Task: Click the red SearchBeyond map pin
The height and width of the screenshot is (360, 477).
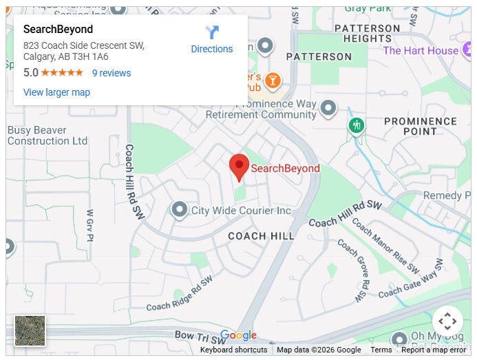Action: [239, 166]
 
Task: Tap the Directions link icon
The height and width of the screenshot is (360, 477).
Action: [212, 32]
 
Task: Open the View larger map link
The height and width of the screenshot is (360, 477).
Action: [56, 92]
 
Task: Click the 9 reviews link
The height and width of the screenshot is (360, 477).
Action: [112, 73]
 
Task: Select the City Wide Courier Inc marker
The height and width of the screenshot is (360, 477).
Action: [180, 209]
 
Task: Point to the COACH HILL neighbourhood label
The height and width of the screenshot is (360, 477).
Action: [261, 236]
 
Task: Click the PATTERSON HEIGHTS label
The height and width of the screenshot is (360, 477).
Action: [367, 34]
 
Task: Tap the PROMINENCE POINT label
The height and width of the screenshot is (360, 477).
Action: [420, 126]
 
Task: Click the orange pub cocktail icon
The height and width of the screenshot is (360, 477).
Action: [273, 81]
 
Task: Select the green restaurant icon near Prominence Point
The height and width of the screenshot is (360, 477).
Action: [356, 126]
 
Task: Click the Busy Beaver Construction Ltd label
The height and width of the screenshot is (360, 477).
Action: [47, 135]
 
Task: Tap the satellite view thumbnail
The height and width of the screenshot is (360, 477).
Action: [30, 330]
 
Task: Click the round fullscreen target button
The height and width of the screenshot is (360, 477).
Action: [447, 321]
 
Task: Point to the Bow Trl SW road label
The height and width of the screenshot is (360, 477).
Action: [200, 337]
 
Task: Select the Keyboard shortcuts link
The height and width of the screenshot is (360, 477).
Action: [233, 350]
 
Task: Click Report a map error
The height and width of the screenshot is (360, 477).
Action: [433, 350]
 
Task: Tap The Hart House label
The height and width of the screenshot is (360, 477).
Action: [420, 50]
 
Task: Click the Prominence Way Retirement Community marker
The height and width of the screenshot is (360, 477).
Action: [329, 107]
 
